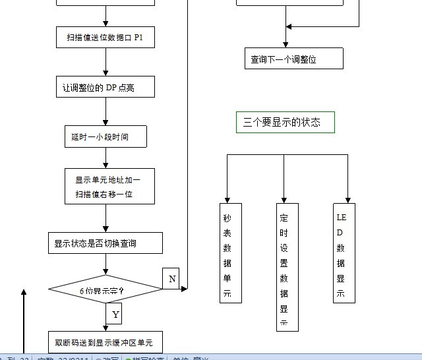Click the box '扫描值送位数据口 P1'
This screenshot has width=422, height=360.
(x=105, y=38)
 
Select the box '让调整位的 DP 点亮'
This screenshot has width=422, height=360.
(x=105, y=87)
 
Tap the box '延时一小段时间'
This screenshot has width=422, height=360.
(x=105, y=137)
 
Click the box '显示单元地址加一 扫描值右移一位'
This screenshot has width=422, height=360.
(x=111, y=187)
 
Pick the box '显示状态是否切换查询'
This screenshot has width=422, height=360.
(x=105, y=243)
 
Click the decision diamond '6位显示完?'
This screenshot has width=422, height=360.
(x=105, y=290)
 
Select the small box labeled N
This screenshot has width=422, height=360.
(x=171, y=279)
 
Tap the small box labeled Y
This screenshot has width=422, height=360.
(x=115, y=314)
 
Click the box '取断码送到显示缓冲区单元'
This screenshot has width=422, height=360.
(x=105, y=342)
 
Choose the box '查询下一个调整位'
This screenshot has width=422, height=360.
(x=294, y=59)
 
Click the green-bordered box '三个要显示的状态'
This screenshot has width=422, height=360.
(x=285, y=123)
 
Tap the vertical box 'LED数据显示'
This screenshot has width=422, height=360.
(x=344, y=253)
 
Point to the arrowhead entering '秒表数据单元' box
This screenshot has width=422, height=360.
(x=228, y=199)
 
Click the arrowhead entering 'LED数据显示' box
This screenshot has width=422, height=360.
(x=347, y=199)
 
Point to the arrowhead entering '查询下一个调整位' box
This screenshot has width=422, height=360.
(x=286, y=44)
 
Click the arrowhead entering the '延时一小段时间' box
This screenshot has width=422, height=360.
(x=106, y=123)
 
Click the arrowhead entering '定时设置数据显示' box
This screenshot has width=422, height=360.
(x=284, y=199)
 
